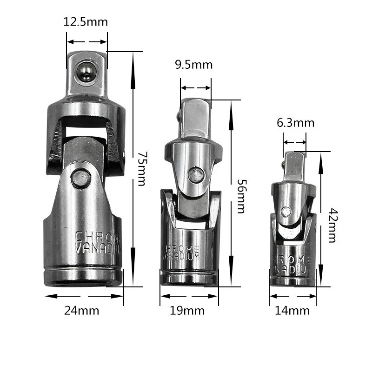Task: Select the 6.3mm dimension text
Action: pos(295,123)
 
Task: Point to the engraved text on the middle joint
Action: pos(182,252)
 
